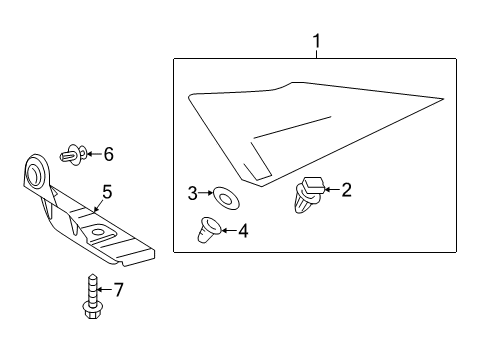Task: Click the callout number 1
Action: point(317,41)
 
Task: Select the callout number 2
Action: point(347,189)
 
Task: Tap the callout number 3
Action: point(192,192)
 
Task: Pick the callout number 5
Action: point(106,190)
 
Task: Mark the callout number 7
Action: point(118,291)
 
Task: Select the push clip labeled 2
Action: point(310,194)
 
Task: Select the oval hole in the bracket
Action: point(97,234)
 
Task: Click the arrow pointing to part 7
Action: point(103,291)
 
